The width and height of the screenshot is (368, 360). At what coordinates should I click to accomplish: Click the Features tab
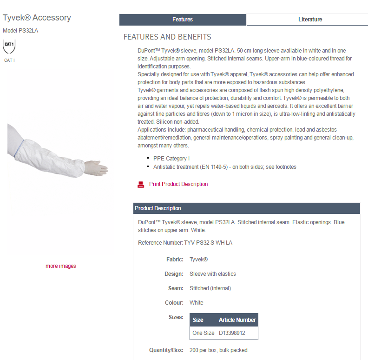coord(183,20)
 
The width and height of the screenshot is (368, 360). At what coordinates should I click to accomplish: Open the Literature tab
coord(310,20)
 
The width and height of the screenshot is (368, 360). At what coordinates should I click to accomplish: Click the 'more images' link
coord(60,266)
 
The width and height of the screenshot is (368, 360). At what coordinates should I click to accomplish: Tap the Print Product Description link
coord(178,184)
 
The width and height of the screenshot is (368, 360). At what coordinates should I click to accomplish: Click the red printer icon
coord(141,185)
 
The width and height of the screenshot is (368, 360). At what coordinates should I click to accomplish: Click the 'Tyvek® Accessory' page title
coord(37,18)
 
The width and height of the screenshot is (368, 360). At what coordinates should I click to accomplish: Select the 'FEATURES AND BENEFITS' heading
coord(167,37)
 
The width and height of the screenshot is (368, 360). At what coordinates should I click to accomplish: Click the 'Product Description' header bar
coord(246,208)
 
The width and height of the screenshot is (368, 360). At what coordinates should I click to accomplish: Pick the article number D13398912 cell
coord(232,333)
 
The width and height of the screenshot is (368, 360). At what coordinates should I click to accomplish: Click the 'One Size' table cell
coord(204,333)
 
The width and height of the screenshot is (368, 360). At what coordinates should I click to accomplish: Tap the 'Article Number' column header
coord(237,320)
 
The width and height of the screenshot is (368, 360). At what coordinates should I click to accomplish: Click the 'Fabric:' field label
coord(175,260)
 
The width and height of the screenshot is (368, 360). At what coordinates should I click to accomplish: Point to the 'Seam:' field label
coord(176,288)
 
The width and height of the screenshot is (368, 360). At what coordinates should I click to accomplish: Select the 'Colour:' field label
coord(174,303)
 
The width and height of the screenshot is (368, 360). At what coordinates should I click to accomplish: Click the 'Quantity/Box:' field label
coord(166,350)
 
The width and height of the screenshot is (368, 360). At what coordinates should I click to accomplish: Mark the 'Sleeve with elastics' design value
coord(213,274)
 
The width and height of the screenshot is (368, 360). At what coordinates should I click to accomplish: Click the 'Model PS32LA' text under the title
coord(20,31)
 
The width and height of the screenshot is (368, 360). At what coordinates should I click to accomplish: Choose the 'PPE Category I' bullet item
coord(171,159)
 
